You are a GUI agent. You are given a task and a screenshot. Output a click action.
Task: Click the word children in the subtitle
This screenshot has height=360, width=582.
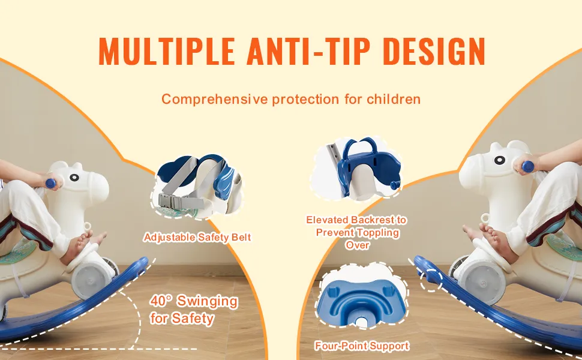tap(394, 99)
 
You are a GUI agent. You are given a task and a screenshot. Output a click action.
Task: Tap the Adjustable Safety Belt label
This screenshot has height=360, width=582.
tap(197, 237)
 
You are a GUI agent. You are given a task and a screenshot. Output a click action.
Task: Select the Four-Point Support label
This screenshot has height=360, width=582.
tap(362, 346)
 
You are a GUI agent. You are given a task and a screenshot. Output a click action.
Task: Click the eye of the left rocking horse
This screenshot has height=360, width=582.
tap(74, 178)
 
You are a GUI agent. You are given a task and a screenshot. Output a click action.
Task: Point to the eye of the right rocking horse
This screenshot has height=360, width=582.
tap(500, 160)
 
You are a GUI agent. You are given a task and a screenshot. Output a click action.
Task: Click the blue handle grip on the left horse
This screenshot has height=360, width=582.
tap(50, 183)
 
